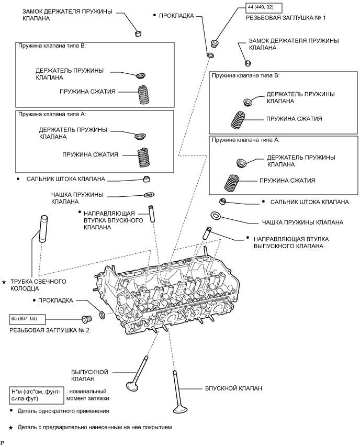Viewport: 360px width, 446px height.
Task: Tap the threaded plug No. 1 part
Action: [215, 43]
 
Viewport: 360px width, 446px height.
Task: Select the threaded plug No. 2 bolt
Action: [87, 318]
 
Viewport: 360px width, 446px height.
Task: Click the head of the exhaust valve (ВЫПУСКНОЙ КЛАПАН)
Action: [133, 386]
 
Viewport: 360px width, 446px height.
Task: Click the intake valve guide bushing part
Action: [152, 214]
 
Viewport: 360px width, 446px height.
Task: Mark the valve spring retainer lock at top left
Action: [139, 34]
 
